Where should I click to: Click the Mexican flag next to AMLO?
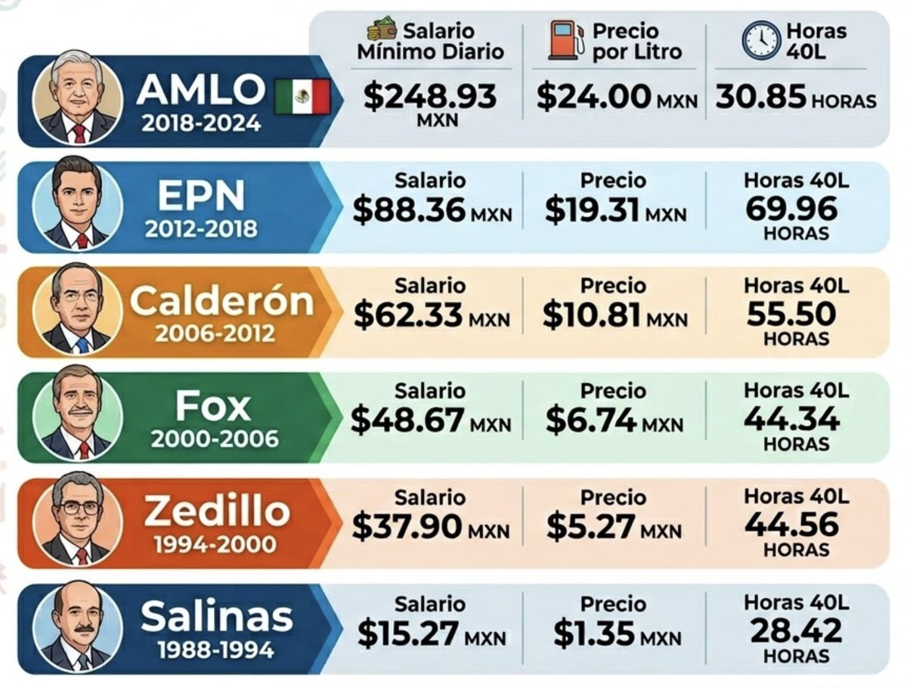(302, 97)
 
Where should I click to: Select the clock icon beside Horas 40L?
(760, 40)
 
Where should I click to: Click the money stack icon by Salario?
(382, 31)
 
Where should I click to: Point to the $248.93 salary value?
(429, 96)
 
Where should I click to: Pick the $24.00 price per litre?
(593, 97)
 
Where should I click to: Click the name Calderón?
(221, 302)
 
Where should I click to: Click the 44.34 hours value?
(791, 418)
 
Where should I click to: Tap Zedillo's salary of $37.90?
(407, 528)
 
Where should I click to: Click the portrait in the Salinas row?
(76, 628)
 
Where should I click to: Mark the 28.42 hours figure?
(791, 630)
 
